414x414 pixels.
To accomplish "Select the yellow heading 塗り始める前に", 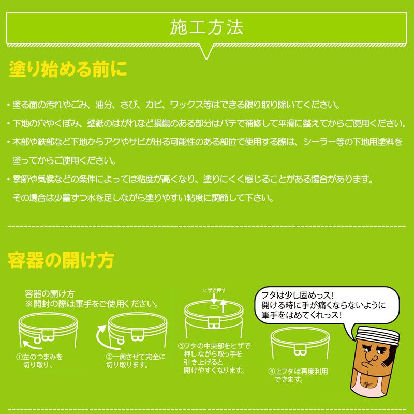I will click(x=68, y=69).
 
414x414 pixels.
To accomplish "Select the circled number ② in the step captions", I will click(x=109, y=357).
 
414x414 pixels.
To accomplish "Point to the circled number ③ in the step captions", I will click(x=181, y=346).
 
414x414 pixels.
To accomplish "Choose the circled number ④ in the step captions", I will click(x=271, y=371).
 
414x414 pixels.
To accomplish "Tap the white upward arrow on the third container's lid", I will click(x=223, y=307).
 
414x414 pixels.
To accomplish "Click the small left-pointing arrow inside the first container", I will click(x=26, y=342).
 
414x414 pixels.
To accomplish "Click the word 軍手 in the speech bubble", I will click(x=272, y=315).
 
